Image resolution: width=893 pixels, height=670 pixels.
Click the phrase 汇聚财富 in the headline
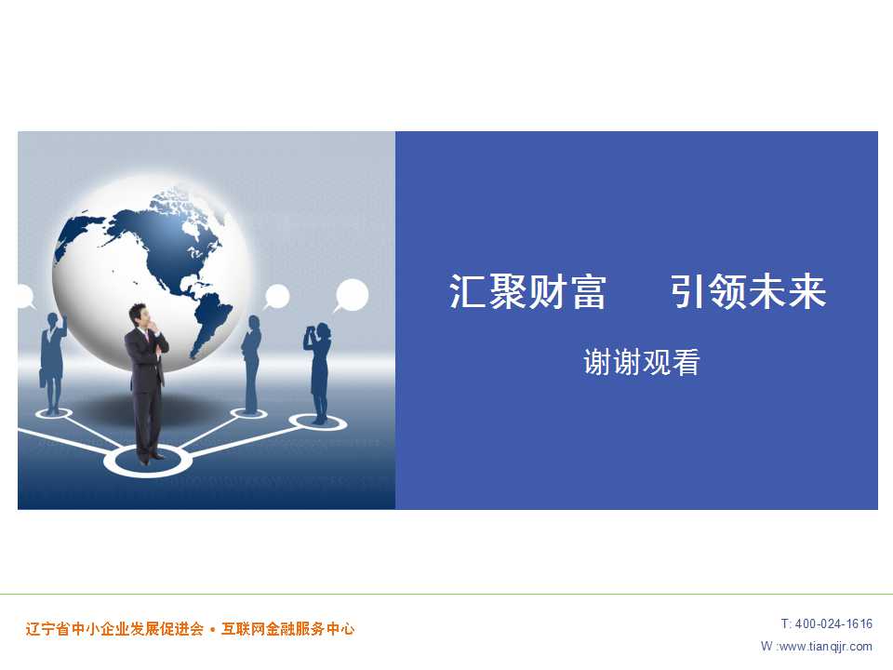[527, 291]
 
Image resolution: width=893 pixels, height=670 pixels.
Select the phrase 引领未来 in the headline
[748, 291]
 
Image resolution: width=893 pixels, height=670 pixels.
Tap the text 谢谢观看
[642, 362]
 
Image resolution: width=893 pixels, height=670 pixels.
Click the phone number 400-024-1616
[833, 623]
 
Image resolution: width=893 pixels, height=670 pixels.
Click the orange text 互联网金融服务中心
[288, 629]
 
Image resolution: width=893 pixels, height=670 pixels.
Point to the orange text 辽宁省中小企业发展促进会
[114, 629]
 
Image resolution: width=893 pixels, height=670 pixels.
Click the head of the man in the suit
[140, 315]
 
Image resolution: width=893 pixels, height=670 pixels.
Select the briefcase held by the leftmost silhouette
[42, 379]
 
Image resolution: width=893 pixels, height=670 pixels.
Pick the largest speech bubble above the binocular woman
[351, 295]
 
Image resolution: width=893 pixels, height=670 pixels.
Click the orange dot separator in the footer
[212, 630]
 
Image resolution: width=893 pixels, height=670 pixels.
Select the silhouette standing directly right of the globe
[250, 364]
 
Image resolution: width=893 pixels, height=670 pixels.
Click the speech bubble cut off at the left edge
[25, 296]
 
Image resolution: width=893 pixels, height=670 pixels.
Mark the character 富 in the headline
[588, 291]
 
